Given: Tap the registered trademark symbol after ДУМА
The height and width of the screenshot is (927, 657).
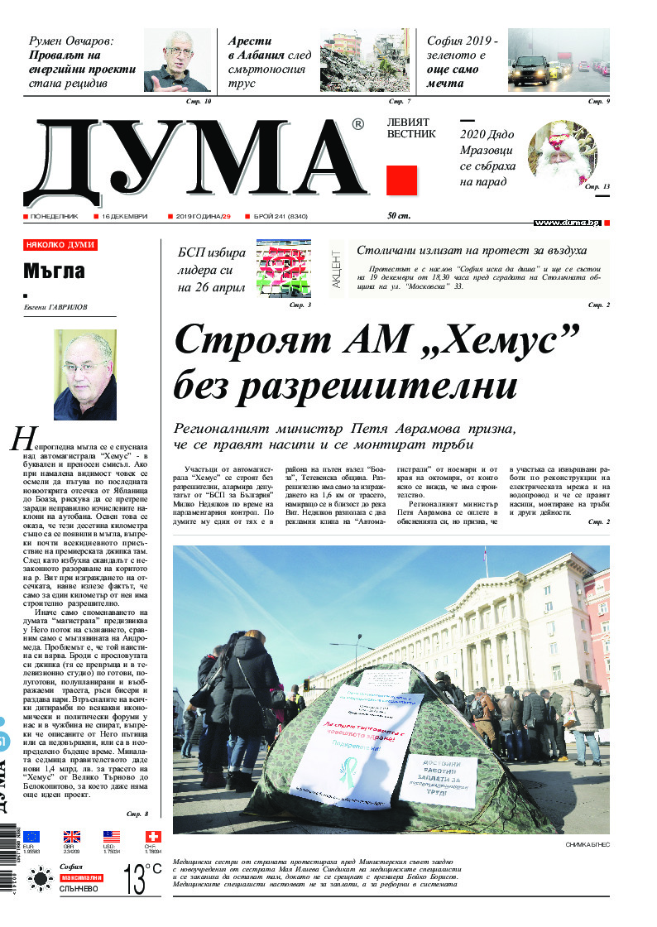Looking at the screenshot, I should pos(357,124).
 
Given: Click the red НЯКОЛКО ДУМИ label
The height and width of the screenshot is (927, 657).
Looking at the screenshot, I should pos(60,245).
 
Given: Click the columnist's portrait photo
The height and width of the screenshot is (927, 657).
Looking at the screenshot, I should pos(84,374).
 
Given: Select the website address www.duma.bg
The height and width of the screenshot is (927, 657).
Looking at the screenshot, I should pos(567,223).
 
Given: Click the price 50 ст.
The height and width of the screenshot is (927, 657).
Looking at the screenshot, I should pos(399,216).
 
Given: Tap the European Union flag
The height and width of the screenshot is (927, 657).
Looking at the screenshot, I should pos(31,837).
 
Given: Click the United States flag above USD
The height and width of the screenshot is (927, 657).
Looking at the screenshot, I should pos(111,837).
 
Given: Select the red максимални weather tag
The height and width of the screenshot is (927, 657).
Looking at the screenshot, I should pos(80,877).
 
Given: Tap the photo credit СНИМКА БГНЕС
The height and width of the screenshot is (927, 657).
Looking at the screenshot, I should pos(587,844).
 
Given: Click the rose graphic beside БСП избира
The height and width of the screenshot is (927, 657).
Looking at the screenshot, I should pos(283,267).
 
